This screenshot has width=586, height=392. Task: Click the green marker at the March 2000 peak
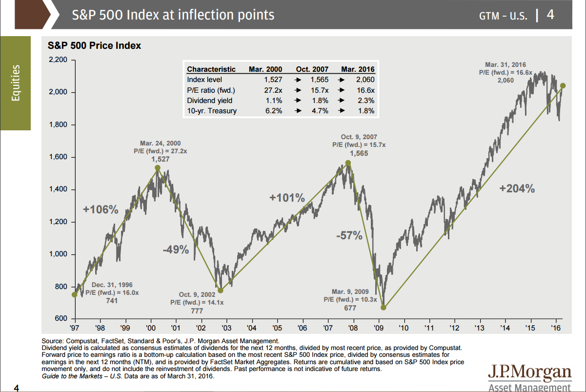(158, 168)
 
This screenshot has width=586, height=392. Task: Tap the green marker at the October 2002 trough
(220, 290)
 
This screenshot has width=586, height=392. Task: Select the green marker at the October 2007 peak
(348, 163)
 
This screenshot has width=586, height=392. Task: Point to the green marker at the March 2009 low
(384, 308)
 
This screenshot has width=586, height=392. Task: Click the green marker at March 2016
(563, 86)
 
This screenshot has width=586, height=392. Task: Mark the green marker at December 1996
(74, 294)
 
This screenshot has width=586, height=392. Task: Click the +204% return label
(517, 189)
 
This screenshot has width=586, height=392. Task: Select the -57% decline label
(349, 236)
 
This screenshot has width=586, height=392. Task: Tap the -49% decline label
(176, 250)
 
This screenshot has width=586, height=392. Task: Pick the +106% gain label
(101, 210)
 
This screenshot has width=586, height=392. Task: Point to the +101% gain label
(287, 198)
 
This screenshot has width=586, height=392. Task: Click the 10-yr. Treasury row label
(212, 111)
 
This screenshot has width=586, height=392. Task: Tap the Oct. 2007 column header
(312, 69)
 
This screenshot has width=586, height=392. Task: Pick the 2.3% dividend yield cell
(365, 101)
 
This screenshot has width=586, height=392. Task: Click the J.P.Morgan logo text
(529, 373)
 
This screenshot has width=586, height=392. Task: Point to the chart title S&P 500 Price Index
(94, 45)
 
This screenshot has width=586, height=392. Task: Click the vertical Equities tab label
(16, 83)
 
